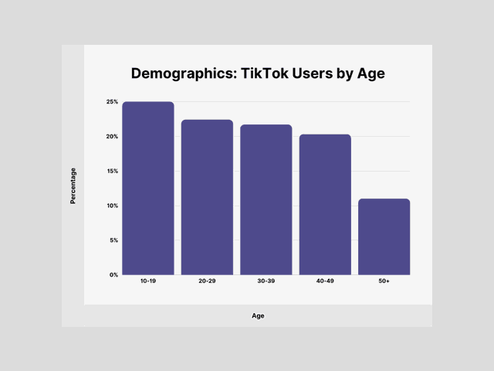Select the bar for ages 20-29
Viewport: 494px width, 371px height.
tap(207, 197)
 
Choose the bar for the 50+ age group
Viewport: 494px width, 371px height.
tap(384, 237)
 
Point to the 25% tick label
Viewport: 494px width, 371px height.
tap(112, 102)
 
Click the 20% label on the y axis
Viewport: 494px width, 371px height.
tap(112, 137)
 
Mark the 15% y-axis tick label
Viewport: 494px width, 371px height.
tap(112, 171)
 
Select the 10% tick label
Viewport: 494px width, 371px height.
tap(112, 206)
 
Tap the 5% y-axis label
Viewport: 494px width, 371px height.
tap(113, 240)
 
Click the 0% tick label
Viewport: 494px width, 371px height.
tap(113, 274)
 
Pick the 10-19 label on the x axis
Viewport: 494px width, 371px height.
tap(148, 281)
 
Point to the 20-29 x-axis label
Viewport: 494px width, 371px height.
tap(207, 281)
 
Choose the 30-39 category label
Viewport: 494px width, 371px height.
tap(266, 281)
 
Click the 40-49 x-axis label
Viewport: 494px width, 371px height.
tap(325, 281)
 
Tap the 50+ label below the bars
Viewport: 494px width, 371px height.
tap(384, 281)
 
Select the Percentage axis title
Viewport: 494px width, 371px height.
tap(73, 185)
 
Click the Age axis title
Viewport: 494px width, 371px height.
tap(258, 315)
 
